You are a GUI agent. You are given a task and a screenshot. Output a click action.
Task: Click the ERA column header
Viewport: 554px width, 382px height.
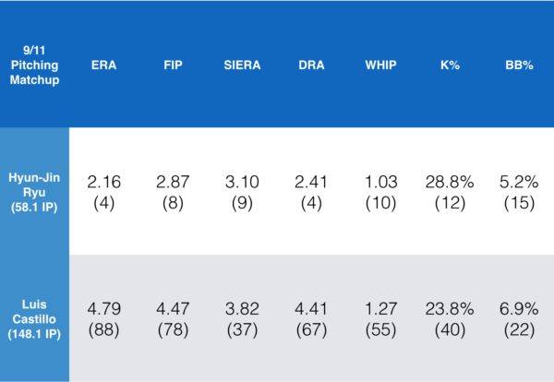coord(103,66)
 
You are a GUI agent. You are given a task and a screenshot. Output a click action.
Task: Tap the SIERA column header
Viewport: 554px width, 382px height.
coord(242,66)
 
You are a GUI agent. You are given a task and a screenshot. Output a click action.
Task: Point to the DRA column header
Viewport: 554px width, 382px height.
coord(310,66)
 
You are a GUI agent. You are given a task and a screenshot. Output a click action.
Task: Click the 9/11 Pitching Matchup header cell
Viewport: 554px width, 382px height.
coord(34,66)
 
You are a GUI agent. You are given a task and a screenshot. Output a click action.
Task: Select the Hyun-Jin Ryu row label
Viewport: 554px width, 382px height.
coord(34,190)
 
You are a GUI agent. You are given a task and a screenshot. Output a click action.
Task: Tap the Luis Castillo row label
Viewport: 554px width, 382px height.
coord(34,319)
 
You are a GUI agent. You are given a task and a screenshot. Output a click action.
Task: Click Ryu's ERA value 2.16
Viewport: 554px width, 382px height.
coord(103,182)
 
